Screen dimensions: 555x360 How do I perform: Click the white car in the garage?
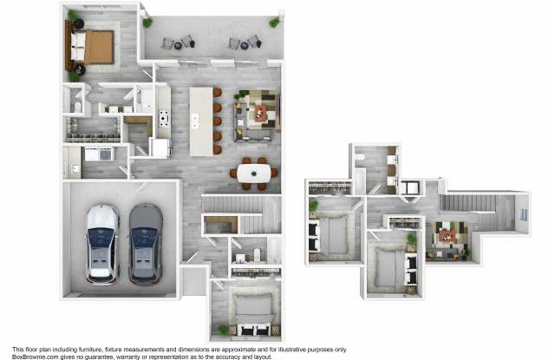pos(101,245)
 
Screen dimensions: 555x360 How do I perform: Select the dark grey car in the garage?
pos(146,245)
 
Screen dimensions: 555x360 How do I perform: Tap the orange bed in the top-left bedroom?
pos(93,47)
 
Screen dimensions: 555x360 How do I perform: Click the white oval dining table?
pos(254,173)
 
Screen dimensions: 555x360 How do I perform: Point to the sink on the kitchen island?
pos(194,121)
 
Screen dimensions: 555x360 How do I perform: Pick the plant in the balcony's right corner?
pos(274,23)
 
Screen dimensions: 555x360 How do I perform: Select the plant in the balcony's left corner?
pos(147,23)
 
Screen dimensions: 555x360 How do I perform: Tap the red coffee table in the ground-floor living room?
pos(260,113)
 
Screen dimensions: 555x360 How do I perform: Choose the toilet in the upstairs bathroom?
pos(360,158)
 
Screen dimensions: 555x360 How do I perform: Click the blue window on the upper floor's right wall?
pos(524,214)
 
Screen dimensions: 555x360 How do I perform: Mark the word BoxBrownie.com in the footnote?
pos(36,357)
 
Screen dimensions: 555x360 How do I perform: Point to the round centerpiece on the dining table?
pos(254,173)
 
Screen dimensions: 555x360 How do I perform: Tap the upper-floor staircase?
pos(467,203)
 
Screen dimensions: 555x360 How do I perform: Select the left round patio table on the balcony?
pos(178,45)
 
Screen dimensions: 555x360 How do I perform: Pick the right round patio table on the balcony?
pos(245,45)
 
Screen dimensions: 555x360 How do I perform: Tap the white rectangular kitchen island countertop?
pos(201,121)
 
